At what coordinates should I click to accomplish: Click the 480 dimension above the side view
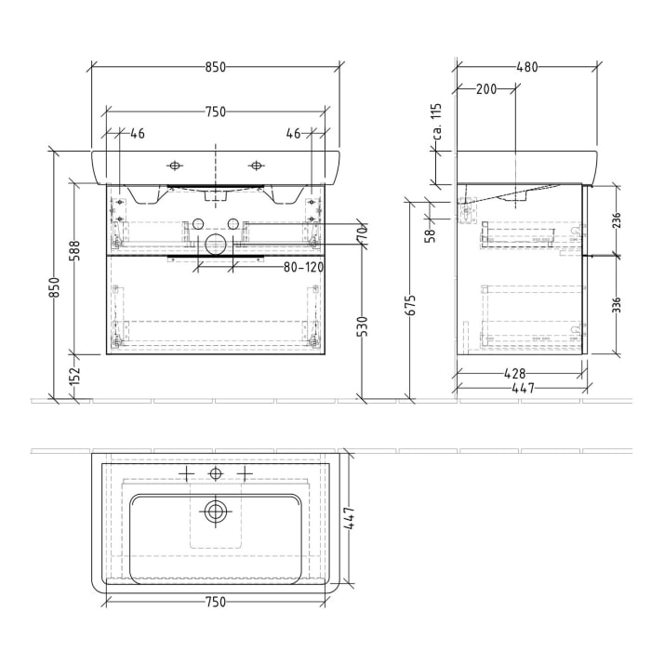tap(526, 67)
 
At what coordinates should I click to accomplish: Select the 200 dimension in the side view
tap(485, 89)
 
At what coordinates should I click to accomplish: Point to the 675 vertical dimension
tap(410, 304)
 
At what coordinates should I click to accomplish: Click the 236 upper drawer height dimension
tap(615, 219)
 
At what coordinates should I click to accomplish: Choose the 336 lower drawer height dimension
tap(615, 304)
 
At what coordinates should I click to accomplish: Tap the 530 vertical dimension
tap(363, 325)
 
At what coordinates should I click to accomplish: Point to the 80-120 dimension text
tap(301, 268)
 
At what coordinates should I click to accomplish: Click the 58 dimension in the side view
tap(430, 236)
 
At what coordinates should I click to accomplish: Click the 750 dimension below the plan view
tap(215, 602)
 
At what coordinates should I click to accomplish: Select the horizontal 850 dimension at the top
tap(215, 67)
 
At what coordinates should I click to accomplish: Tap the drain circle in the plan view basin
tap(216, 510)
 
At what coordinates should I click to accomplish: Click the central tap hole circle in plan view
tap(216, 474)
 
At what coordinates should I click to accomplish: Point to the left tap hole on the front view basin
tap(175, 166)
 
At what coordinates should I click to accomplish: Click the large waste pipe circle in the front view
tap(215, 246)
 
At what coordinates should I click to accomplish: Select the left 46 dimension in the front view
tap(137, 134)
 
